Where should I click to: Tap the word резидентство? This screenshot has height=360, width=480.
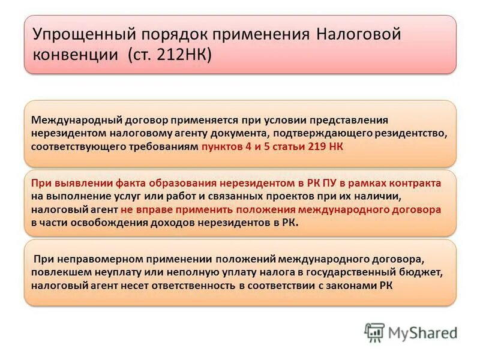tap(407, 133)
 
